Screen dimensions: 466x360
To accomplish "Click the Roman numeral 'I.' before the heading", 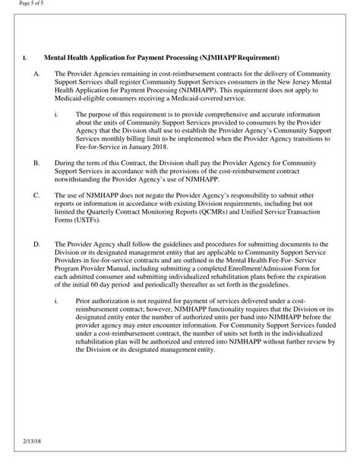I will (25, 58).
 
